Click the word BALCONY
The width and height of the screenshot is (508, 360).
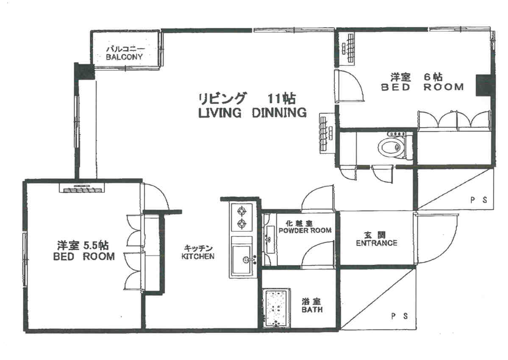click(124, 57)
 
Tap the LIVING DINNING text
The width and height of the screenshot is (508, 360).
click(253, 113)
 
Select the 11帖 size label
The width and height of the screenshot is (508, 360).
click(281, 98)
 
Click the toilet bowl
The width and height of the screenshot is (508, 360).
click(391, 148)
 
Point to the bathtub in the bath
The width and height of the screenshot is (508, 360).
click(277, 308)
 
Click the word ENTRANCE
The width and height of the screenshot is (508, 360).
click(377, 243)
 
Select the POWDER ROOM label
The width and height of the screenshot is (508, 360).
click(305, 230)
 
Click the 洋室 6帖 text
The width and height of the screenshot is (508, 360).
click(416, 77)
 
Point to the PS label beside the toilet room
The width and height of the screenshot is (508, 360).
click(478, 200)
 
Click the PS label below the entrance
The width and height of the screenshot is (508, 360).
click(399, 316)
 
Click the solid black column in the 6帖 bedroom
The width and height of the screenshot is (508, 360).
click(484, 85)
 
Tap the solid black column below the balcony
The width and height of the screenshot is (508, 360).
click(84, 71)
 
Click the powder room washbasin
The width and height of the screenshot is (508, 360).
click(269, 239)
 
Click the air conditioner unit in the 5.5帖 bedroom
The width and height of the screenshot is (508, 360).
click(82, 188)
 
